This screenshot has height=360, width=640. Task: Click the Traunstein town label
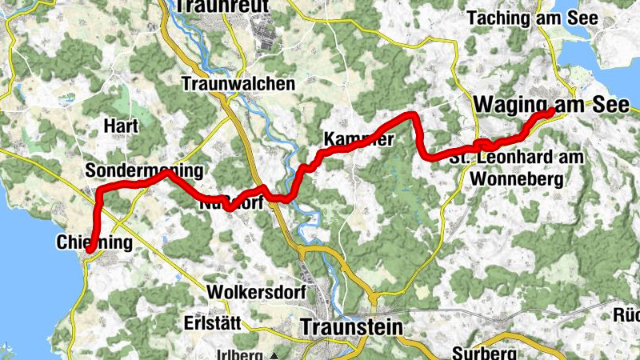(x=352, y=327)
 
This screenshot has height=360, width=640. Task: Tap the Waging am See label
(x=553, y=104)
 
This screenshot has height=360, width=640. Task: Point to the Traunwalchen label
(x=238, y=83)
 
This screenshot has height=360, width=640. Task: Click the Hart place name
(x=122, y=126)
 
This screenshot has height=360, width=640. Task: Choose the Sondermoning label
(x=144, y=171)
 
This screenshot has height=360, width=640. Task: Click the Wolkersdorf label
(x=255, y=293)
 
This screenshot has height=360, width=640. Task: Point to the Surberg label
(x=481, y=353)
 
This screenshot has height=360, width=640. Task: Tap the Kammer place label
(x=358, y=139)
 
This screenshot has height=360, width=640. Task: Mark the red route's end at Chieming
(x=89, y=250)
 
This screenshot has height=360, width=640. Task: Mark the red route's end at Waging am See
(x=552, y=112)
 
